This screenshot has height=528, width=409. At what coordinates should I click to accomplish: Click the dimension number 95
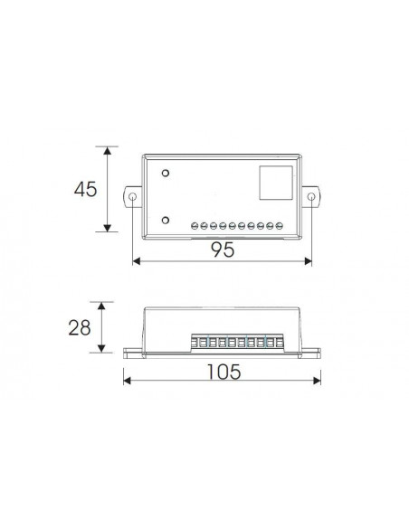point(223,250)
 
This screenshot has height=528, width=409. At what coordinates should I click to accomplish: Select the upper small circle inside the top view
point(166,173)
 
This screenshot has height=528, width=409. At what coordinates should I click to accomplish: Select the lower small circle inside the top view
point(166,220)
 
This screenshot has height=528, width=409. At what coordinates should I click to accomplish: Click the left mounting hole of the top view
point(132,198)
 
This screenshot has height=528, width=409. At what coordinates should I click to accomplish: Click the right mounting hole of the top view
point(312,198)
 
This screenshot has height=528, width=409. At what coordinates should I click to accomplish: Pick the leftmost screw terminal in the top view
point(195,224)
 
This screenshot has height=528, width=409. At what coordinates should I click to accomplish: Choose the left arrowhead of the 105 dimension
point(127,381)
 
